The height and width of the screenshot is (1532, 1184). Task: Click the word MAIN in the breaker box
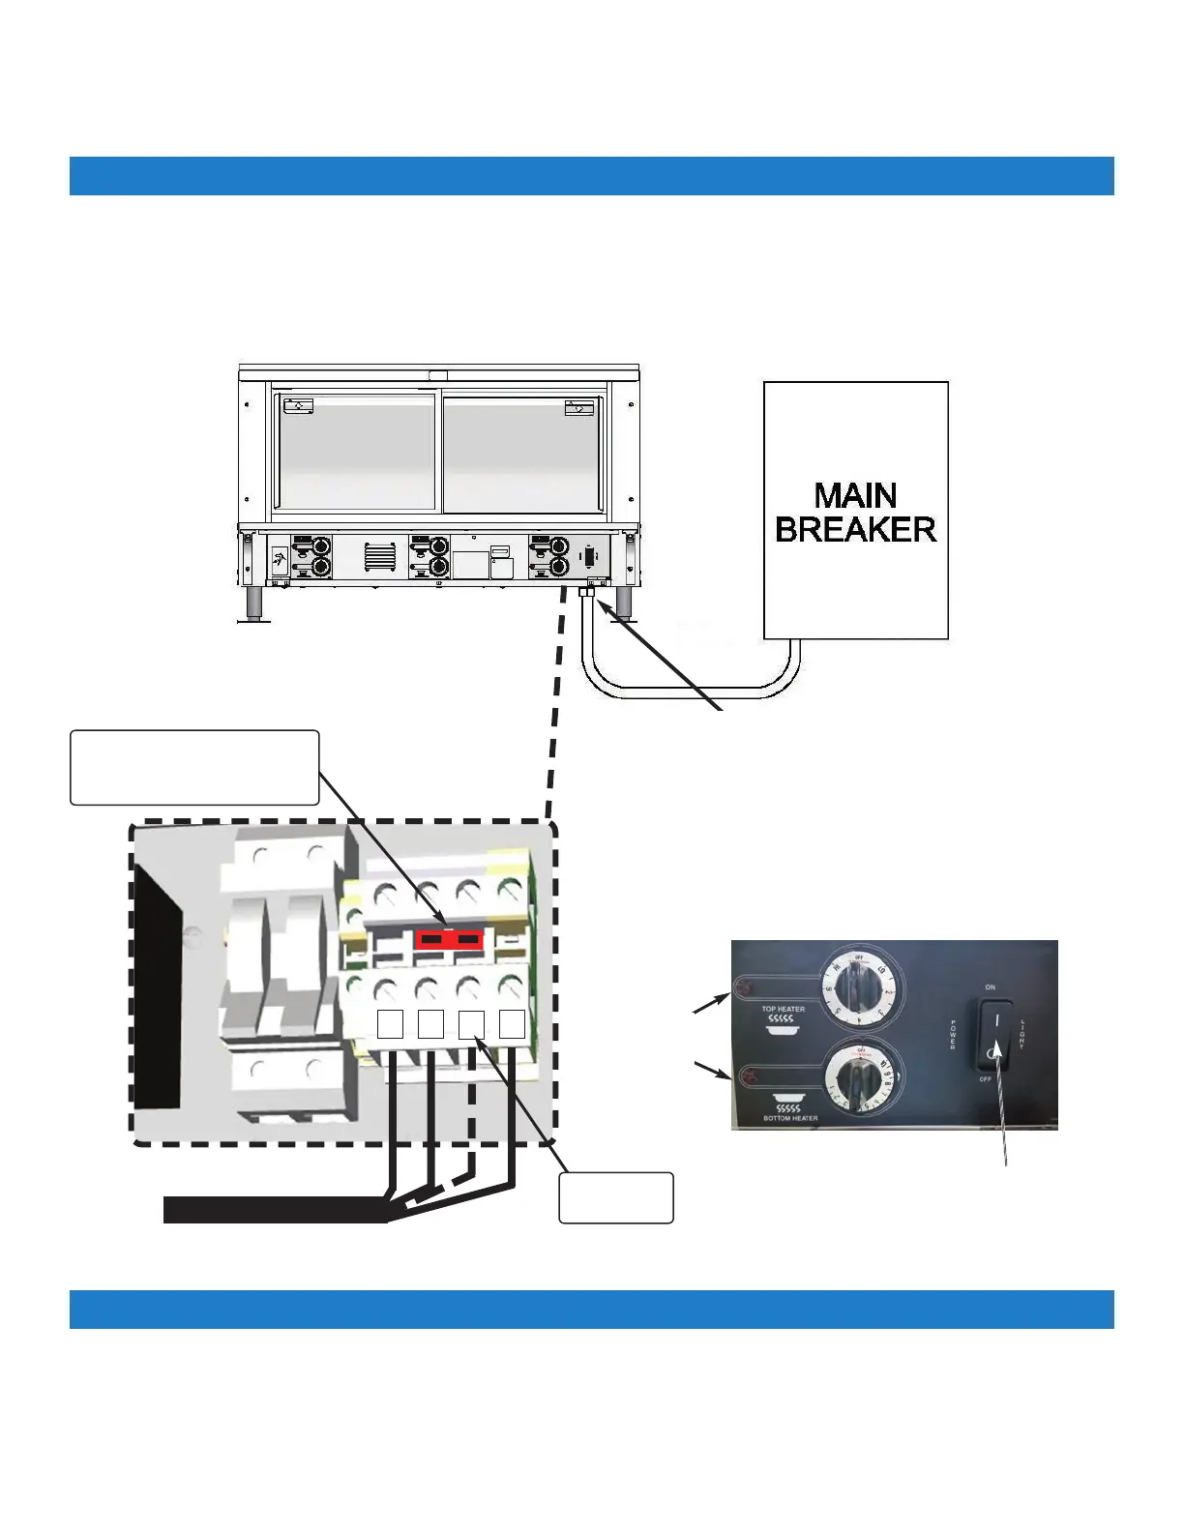[x=855, y=495]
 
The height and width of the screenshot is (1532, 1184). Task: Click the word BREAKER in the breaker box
[x=855, y=529]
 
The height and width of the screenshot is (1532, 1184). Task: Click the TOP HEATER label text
[x=783, y=1009]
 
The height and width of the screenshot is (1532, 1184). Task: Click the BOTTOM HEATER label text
[x=790, y=1118]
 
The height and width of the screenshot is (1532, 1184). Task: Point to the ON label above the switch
[x=990, y=987]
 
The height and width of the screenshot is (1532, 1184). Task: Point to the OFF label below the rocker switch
[x=985, y=1078]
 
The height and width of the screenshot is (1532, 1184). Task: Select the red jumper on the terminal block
[x=449, y=939]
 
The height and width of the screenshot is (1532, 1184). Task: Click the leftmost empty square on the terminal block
[x=390, y=1023]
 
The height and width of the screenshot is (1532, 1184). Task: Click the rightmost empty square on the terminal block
[x=512, y=1023]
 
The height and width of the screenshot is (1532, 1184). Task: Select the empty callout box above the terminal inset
[x=194, y=768]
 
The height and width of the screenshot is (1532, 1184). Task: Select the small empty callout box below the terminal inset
[x=616, y=1197]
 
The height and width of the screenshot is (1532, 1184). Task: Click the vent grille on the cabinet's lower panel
[x=380, y=556]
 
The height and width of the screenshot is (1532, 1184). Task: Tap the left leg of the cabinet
[x=254, y=603]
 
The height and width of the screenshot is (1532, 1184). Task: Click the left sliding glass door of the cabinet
[x=356, y=452]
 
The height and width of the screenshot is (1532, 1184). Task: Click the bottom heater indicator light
[x=747, y=1075]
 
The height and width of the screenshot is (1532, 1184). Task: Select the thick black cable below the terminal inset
[x=276, y=1210]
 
